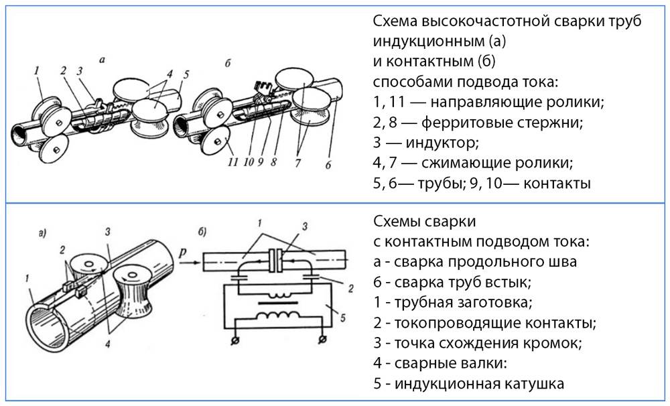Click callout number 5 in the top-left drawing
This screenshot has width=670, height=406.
[186, 73]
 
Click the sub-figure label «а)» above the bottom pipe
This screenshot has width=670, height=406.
[43, 234]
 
